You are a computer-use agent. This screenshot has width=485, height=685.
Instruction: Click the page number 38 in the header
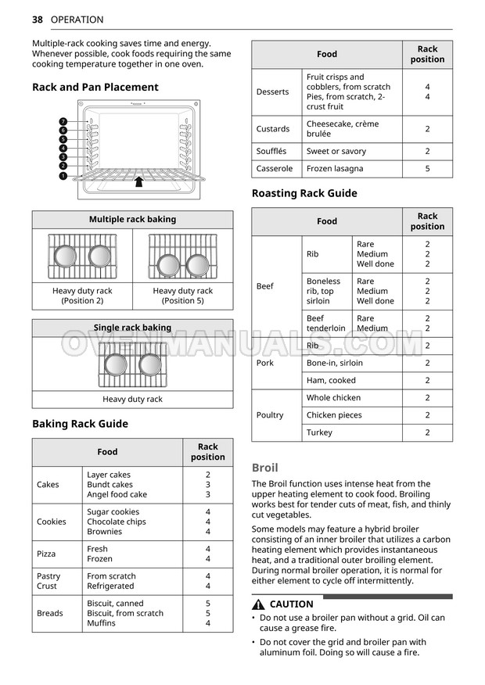click(37, 20)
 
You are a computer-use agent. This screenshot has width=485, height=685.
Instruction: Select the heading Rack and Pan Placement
click(95, 88)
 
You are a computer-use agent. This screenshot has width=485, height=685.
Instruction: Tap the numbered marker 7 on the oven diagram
click(63, 122)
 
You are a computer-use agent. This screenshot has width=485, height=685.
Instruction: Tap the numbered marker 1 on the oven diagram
click(63, 176)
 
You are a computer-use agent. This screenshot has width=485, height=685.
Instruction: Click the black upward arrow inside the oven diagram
click(138, 181)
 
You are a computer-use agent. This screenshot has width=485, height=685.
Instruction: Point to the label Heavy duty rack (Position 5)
click(182, 296)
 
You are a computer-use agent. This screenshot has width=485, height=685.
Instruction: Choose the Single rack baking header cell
click(132, 328)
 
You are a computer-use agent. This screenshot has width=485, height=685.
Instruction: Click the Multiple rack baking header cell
click(132, 220)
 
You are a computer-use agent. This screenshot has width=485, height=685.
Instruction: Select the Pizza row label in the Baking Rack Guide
click(46, 554)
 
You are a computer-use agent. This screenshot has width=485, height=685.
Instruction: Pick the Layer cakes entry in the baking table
click(109, 475)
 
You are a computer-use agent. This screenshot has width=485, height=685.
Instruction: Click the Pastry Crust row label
click(48, 581)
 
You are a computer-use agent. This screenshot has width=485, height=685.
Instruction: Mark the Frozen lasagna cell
click(335, 169)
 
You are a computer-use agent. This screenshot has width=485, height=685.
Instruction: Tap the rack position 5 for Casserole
click(427, 169)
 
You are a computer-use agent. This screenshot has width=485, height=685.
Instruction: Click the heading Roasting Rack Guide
click(304, 193)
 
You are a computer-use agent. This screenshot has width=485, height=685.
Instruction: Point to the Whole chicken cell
click(333, 398)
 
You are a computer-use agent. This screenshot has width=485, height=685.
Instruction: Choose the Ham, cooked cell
click(331, 381)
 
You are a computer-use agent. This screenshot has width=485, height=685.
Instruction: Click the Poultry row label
click(270, 415)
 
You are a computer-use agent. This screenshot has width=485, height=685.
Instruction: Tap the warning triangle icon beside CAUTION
click(258, 604)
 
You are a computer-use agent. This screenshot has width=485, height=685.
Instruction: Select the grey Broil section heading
click(264, 468)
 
